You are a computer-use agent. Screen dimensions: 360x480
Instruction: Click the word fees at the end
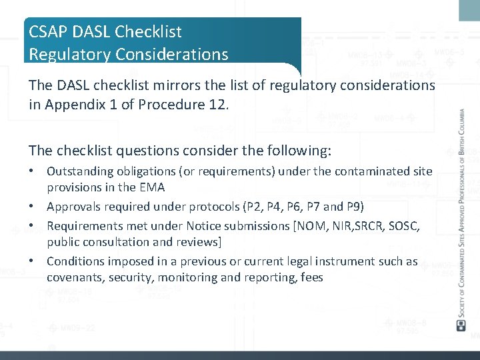coord(310,277)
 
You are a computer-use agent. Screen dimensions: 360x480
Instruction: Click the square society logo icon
coord(460,325)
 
